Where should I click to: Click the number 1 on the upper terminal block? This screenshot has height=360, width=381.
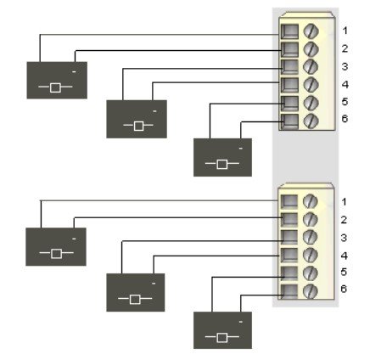pyautogui.click(x=345, y=31)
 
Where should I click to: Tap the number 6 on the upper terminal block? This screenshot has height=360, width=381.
pyautogui.click(x=345, y=119)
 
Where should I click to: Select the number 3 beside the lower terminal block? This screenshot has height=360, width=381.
pyautogui.click(x=344, y=238)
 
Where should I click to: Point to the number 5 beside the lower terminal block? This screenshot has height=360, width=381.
pyautogui.click(x=344, y=272)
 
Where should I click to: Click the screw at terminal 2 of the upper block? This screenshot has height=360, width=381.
pyautogui.click(x=311, y=49)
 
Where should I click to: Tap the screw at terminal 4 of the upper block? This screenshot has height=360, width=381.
pyautogui.click(x=311, y=84)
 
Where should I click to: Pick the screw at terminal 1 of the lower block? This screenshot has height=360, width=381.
pyautogui.click(x=310, y=201)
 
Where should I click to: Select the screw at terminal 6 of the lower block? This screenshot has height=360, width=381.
pyautogui.click(x=310, y=291)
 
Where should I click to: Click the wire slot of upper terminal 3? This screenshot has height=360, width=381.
pyautogui.click(x=289, y=67)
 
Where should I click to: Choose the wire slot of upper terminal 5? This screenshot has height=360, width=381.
pyautogui.click(x=289, y=103)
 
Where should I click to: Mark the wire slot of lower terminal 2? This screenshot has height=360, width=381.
pyautogui.click(x=289, y=219)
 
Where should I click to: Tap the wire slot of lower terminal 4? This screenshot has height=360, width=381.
pyautogui.click(x=289, y=255)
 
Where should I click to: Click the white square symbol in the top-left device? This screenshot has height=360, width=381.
pyautogui.click(x=55, y=87)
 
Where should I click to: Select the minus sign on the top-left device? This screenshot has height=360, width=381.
pyautogui.click(x=74, y=72)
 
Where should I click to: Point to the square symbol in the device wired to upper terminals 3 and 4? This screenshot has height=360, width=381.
pyautogui.click(x=138, y=126)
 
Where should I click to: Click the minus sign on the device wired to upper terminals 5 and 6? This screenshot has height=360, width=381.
pyautogui.click(x=241, y=149)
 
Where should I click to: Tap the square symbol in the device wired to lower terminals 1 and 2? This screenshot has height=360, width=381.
pyautogui.click(x=56, y=253)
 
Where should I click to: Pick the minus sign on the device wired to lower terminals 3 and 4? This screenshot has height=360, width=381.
pyautogui.click(x=154, y=284)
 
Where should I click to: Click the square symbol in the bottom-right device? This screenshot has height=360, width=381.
pyautogui.click(x=222, y=338)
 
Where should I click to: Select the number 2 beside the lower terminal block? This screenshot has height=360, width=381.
pyautogui.click(x=344, y=220)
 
